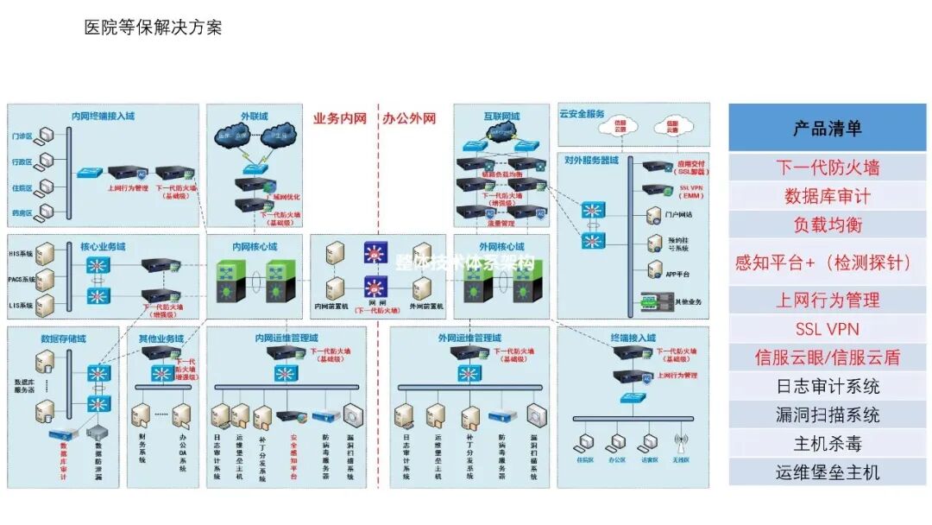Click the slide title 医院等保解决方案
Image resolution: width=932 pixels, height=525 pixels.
(x=153, y=28)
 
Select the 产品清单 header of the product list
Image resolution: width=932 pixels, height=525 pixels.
(x=827, y=129)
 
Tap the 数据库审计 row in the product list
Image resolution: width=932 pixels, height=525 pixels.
(x=827, y=196)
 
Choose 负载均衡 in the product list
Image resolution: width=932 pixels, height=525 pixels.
(x=827, y=225)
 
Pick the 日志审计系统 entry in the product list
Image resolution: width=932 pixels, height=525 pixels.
(x=827, y=386)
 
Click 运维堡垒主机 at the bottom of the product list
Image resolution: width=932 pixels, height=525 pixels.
(x=827, y=472)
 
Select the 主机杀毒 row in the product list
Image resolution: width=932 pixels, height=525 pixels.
(x=827, y=444)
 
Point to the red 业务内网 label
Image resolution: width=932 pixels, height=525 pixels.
(x=340, y=119)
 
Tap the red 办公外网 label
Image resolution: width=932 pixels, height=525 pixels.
(x=409, y=119)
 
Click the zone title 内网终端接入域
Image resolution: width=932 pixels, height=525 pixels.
(x=103, y=116)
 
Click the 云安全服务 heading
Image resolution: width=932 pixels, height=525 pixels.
(x=582, y=114)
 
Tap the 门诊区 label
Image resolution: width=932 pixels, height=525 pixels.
(x=22, y=136)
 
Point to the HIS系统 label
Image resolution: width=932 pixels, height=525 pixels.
(x=21, y=254)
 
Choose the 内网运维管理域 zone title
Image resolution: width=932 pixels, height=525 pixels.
(x=287, y=338)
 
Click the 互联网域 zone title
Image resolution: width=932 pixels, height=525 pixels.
(x=501, y=116)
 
